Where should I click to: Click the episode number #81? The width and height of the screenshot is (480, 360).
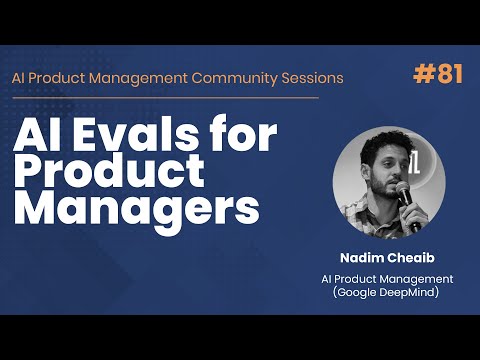438,75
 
